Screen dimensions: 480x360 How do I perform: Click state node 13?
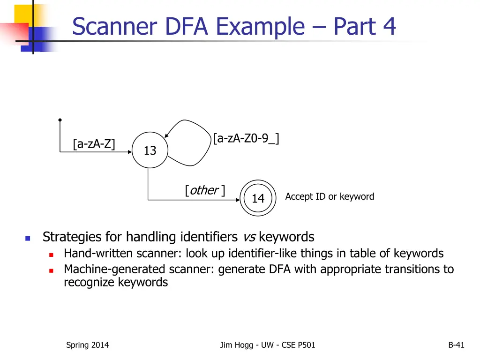coord(150,150)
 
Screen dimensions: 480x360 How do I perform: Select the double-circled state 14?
coord(258,198)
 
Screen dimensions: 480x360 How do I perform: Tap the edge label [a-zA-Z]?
coord(94,143)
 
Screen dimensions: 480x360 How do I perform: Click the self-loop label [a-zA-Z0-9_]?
coord(246,138)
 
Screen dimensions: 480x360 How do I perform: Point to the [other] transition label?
coord(205,190)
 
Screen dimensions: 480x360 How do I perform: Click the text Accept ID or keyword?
coord(330,196)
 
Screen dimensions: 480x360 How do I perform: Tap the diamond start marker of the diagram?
coord(60,120)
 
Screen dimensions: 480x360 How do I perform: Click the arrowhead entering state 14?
coord(238,200)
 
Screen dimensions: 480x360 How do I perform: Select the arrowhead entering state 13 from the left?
coord(130,152)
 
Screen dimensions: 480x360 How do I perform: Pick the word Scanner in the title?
coord(115,26)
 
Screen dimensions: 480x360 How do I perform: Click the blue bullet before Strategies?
coord(28,238)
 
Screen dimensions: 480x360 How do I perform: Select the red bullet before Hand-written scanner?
coord(51,255)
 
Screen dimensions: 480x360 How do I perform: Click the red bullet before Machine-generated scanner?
coord(51,270)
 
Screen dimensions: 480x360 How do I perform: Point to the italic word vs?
coord(249,237)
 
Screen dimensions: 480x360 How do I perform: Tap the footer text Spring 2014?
coord(88,345)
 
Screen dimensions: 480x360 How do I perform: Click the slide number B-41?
coord(457,345)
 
